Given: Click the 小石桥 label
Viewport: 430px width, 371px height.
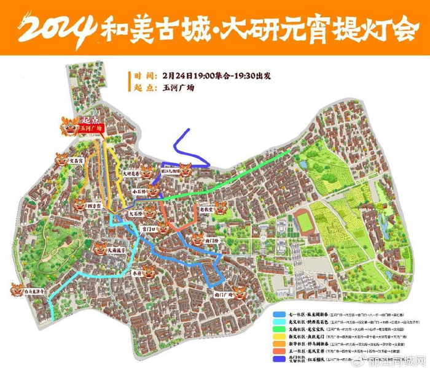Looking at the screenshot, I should point(141,192).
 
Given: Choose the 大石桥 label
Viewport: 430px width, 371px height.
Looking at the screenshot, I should point(137,214).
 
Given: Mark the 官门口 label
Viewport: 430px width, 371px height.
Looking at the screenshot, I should point(148,228).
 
